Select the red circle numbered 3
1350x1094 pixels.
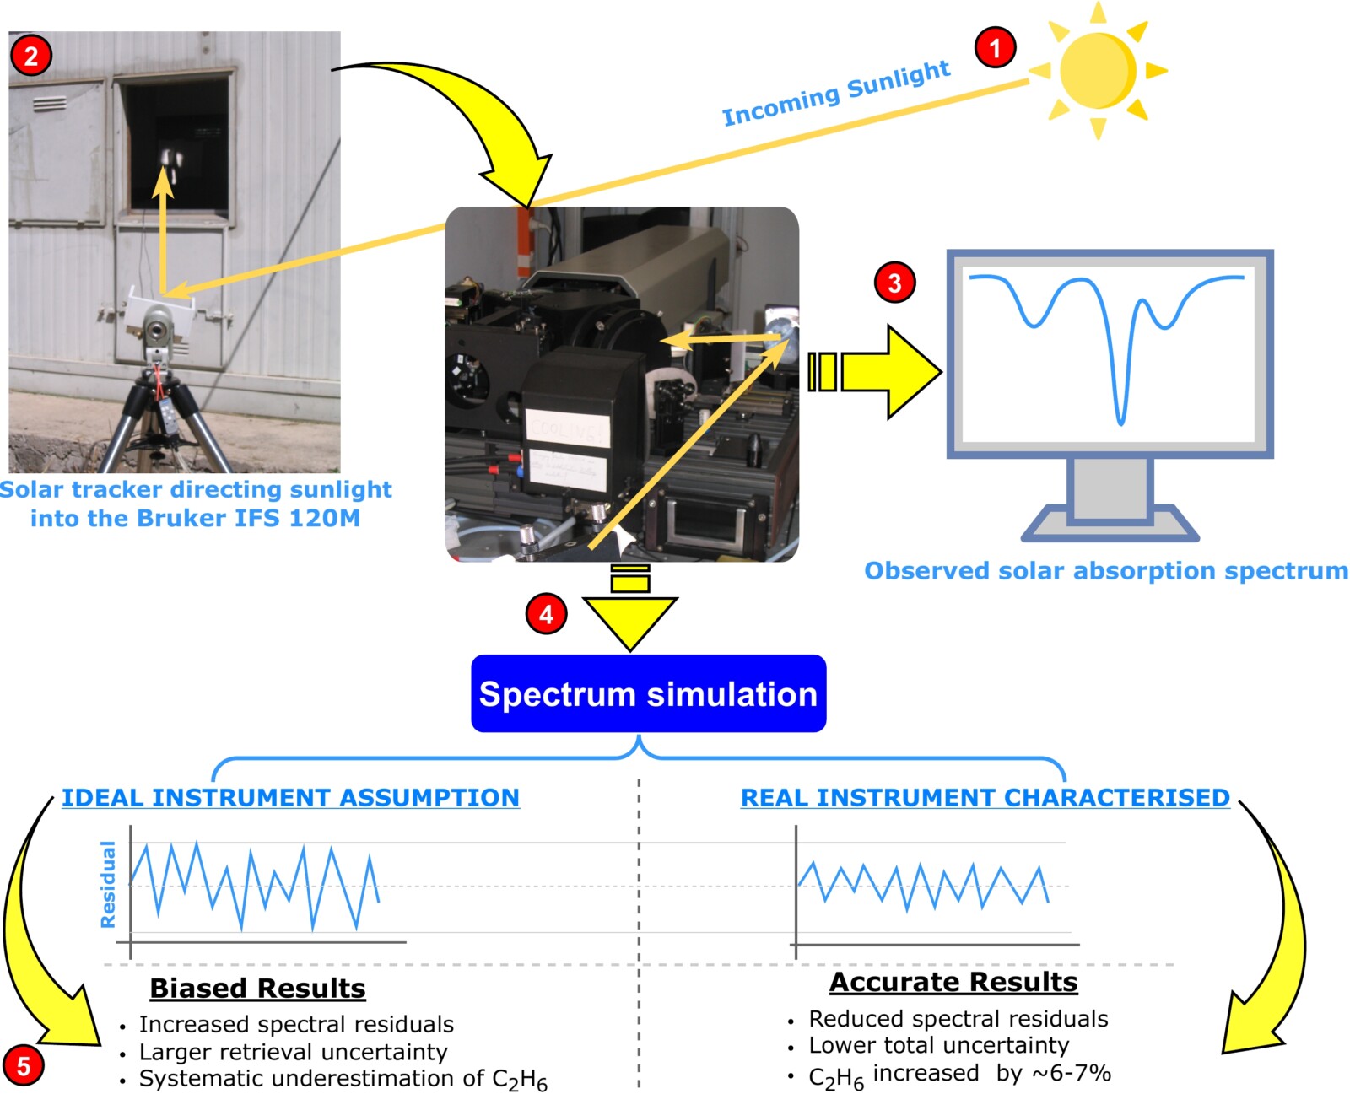894,283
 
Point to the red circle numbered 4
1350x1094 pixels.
546,613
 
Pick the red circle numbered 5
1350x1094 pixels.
23,1064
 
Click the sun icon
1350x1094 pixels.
1097,70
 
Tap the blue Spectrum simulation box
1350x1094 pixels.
648,693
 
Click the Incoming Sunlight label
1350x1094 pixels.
836,93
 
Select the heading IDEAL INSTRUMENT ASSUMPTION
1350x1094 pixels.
290,797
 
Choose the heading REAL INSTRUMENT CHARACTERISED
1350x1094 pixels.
985,797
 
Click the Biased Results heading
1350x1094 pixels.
257,988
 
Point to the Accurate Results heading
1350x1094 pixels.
953,982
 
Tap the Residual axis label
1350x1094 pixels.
108,884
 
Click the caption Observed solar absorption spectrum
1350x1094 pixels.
1105,570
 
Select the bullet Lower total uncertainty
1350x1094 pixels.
938,1045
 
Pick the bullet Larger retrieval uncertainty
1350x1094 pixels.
293,1052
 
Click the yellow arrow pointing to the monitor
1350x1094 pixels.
877,371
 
